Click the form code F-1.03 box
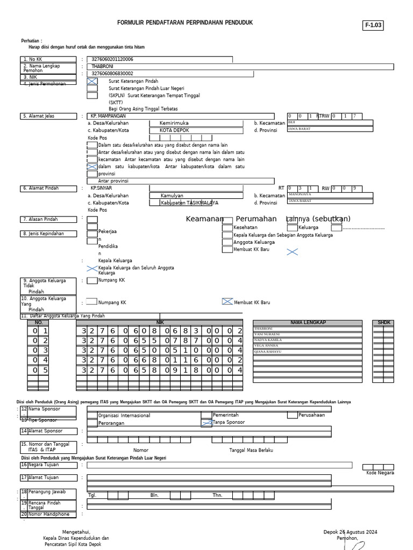[374, 25]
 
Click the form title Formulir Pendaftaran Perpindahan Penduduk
[185, 23]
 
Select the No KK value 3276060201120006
[112, 60]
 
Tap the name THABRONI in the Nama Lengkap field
[103, 67]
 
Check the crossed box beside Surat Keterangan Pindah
[92, 81]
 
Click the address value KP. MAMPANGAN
[108, 116]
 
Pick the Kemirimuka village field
[174, 123]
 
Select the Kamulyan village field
[172, 196]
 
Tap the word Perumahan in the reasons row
[256, 219]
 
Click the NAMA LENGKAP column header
[308, 322]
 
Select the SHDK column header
[384, 322]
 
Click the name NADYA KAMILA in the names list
[268, 340]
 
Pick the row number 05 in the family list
[38, 370]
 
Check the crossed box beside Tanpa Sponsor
[206, 423]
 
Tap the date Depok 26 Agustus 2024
[350, 532]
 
